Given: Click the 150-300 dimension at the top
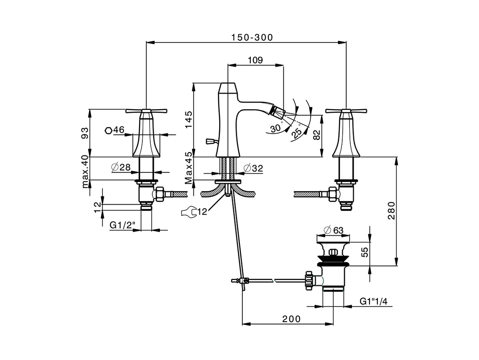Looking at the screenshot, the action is click(252, 37).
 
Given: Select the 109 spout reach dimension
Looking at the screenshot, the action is click(255, 60).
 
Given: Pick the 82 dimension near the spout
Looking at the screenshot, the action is click(317, 135).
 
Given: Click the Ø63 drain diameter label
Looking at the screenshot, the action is click(333, 230).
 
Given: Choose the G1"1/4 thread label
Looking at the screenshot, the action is click(373, 301).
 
